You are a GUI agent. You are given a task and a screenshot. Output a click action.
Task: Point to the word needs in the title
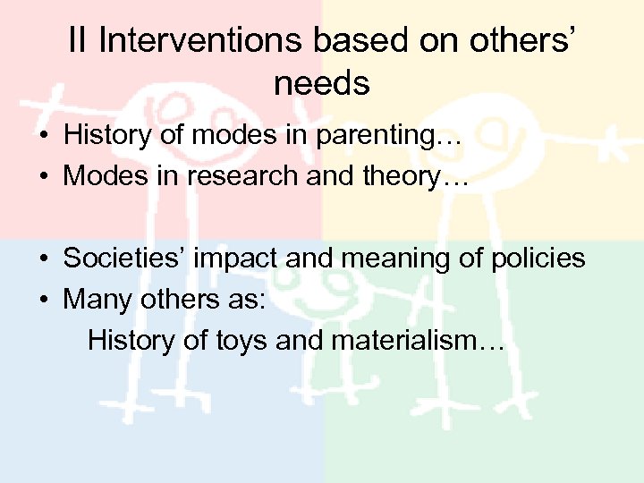click(322, 83)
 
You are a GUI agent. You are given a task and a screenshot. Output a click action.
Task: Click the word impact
click(229, 258)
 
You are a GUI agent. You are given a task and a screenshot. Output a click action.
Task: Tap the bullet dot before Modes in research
click(42, 176)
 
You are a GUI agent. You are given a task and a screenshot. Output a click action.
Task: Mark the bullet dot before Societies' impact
click(42, 259)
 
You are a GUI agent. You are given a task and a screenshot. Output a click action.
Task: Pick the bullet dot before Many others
click(42, 300)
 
